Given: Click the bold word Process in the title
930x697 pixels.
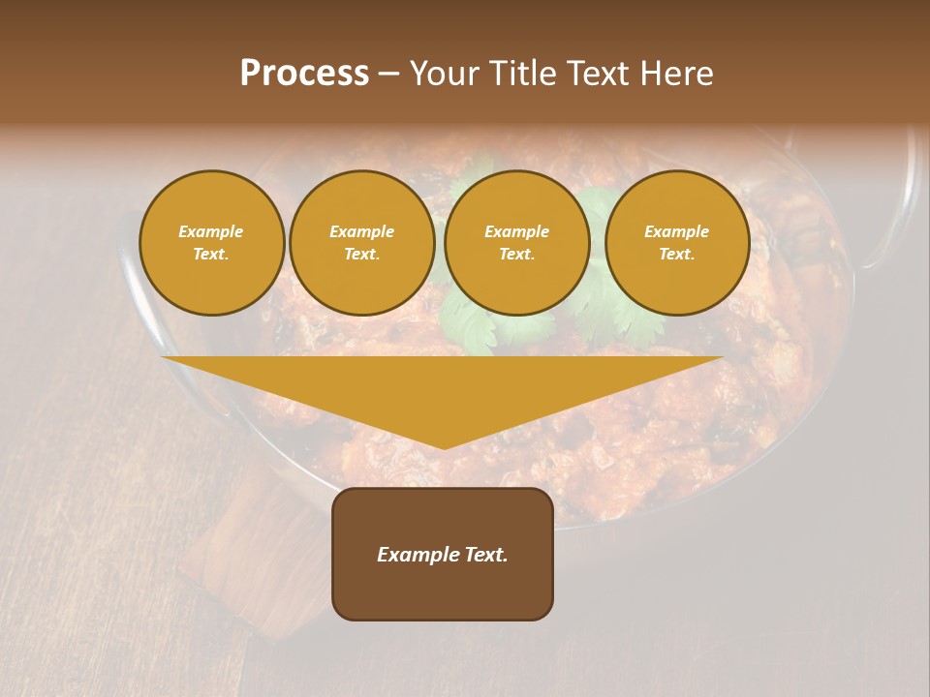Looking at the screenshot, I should pos(304,74).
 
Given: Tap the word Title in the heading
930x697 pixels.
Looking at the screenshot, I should pos(524,74).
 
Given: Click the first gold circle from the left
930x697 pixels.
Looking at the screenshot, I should pos(211,243).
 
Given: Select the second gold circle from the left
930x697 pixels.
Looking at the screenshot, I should pos(361,243).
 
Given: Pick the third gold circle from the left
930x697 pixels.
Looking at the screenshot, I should pos(516,243).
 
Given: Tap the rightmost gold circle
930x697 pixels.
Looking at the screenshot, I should pos(676,243).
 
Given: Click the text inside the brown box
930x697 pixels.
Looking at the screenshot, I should pos(443,555).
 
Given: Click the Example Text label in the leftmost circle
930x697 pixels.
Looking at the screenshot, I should pos(211,243).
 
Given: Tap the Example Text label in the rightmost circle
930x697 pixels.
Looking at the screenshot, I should pos(676,243).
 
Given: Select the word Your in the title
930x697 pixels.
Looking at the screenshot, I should pos(444,74).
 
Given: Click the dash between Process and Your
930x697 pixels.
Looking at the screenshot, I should pos(388,74).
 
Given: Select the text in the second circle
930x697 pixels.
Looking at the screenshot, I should pos(361,243).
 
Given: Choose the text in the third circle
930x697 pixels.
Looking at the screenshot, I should pos(516,243).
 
